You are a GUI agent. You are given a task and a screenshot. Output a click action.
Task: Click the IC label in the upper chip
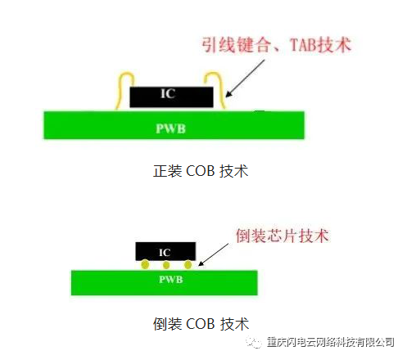click(x=168, y=93)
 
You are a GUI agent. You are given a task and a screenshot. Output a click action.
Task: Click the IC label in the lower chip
click(x=165, y=253)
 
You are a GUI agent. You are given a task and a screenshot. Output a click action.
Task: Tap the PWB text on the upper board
click(x=170, y=128)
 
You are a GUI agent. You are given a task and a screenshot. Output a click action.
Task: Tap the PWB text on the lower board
click(x=170, y=279)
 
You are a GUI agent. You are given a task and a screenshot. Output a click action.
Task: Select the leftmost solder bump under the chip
click(x=145, y=264)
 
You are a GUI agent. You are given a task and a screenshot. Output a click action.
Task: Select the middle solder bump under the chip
click(x=165, y=265)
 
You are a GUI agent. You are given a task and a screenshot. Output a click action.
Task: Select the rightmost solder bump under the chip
click(x=188, y=264)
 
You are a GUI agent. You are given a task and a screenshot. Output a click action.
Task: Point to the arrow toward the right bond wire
click(x=245, y=79)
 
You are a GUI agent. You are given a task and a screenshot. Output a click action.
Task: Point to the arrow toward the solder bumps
click(x=214, y=254)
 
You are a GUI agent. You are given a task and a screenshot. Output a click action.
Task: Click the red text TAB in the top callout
click(x=302, y=45)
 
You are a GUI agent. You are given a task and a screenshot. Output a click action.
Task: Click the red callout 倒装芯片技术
click(x=282, y=236)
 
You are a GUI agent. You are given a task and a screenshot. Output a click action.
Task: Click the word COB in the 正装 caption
click(x=200, y=171)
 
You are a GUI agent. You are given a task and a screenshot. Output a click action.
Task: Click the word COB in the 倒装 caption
click(x=200, y=324)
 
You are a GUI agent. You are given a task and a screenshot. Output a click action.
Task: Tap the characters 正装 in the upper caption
click(x=168, y=171)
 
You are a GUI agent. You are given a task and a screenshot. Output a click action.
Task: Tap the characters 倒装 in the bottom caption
click(x=168, y=324)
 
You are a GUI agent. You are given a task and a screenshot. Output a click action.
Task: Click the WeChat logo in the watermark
click(x=254, y=342)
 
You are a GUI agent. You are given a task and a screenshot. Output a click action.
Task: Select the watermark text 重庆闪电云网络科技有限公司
click(x=331, y=342)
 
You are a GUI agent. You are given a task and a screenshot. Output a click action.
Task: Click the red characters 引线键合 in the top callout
click(x=236, y=45)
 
